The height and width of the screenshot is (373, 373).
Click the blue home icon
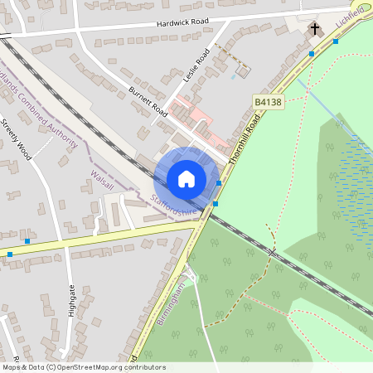click(186, 178)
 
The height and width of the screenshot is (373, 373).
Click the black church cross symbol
click(314, 31)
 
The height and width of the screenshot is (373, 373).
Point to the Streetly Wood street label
click(16, 140)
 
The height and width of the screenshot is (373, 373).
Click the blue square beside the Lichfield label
click(335, 41)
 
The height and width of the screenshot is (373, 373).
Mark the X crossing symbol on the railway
click(271, 249)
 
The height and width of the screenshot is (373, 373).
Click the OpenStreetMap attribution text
click(84, 366)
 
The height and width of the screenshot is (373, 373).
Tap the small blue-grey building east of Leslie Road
click(242, 71)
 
